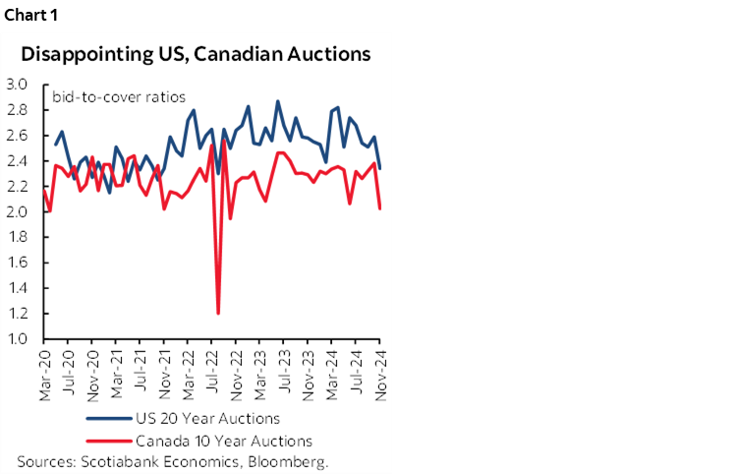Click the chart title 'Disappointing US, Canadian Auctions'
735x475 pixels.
(x=196, y=53)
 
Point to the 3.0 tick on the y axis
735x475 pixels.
(x=17, y=85)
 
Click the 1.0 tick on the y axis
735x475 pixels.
(x=17, y=339)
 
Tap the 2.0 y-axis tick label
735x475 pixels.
(x=17, y=212)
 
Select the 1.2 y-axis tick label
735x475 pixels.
(x=17, y=314)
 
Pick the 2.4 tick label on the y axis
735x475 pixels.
(x=17, y=161)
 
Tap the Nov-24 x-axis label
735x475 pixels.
(x=380, y=374)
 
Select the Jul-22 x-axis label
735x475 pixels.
(x=213, y=374)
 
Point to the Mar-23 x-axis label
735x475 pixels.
(x=261, y=374)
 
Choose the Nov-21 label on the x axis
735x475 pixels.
(x=165, y=374)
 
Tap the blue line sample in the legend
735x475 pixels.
(x=110, y=419)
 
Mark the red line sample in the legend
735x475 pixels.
(x=110, y=441)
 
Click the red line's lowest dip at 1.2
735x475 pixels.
(x=217, y=313)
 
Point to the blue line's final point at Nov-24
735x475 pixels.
(x=380, y=168)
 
